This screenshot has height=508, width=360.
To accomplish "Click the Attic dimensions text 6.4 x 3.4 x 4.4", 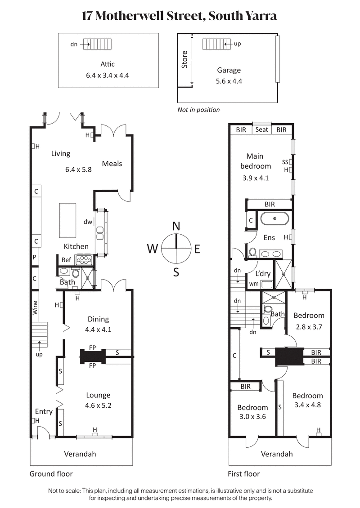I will [108, 75].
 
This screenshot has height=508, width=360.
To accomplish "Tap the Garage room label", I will [229, 70].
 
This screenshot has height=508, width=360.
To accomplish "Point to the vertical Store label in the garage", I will [184, 59].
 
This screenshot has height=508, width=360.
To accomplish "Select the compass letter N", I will [176, 226].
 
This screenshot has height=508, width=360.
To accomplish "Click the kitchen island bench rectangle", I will [68, 220].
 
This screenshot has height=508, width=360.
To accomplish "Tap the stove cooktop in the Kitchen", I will [84, 260].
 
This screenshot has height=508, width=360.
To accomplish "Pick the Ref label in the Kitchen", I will [67, 259].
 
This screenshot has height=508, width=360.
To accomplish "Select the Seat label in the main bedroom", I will [261, 129].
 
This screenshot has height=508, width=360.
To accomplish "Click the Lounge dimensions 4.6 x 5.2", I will [98, 405].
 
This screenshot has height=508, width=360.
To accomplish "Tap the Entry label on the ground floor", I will [44, 411].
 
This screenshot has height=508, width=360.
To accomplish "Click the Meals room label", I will [112, 164].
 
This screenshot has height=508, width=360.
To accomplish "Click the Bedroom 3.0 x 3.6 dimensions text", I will [252, 417].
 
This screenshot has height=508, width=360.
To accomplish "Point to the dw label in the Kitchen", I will [87, 222].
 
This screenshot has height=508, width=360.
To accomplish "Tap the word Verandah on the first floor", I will [277, 454].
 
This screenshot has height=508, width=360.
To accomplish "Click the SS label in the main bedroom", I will [284, 162].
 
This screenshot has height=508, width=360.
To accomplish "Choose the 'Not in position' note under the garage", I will [198, 110].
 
